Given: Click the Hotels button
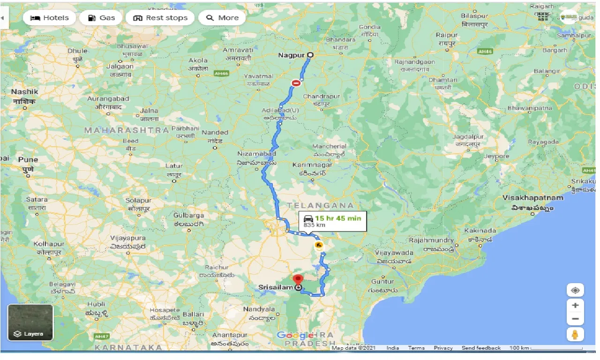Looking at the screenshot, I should pyautogui.click(x=49, y=18).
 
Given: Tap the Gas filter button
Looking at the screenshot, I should pyautogui.click(x=101, y=18).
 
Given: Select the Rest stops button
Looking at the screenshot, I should pyautogui.click(x=160, y=18).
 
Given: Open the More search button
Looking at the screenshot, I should pyautogui.click(x=222, y=18).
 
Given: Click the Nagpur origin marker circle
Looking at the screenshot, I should pyautogui.click(x=310, y=55).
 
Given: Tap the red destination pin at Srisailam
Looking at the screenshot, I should pyautogui.click(x=298, y=280).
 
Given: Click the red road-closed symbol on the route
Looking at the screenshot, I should pyautogui.click(x=296, y=83).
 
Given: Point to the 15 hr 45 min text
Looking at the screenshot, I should pyautogui.click(x=337, y=218).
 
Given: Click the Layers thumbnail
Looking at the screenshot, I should pyautogui.click(x=30, y=322).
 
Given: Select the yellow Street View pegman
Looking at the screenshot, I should pyautogui.click(x=575, y=334).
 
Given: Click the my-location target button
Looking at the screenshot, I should pyautogui.click(x=575, y=290).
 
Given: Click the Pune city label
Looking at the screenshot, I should pyautogui.click(x=28, y=160).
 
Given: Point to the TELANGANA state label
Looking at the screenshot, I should pyautogui.click(x=320, y=205).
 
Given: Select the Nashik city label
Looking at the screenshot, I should pyautogui.click(x=24, y=91).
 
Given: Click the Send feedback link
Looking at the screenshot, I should pyautogui.click(x=481, y=348).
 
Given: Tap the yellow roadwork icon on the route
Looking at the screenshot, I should pyautogui.click(x=319, y=245).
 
